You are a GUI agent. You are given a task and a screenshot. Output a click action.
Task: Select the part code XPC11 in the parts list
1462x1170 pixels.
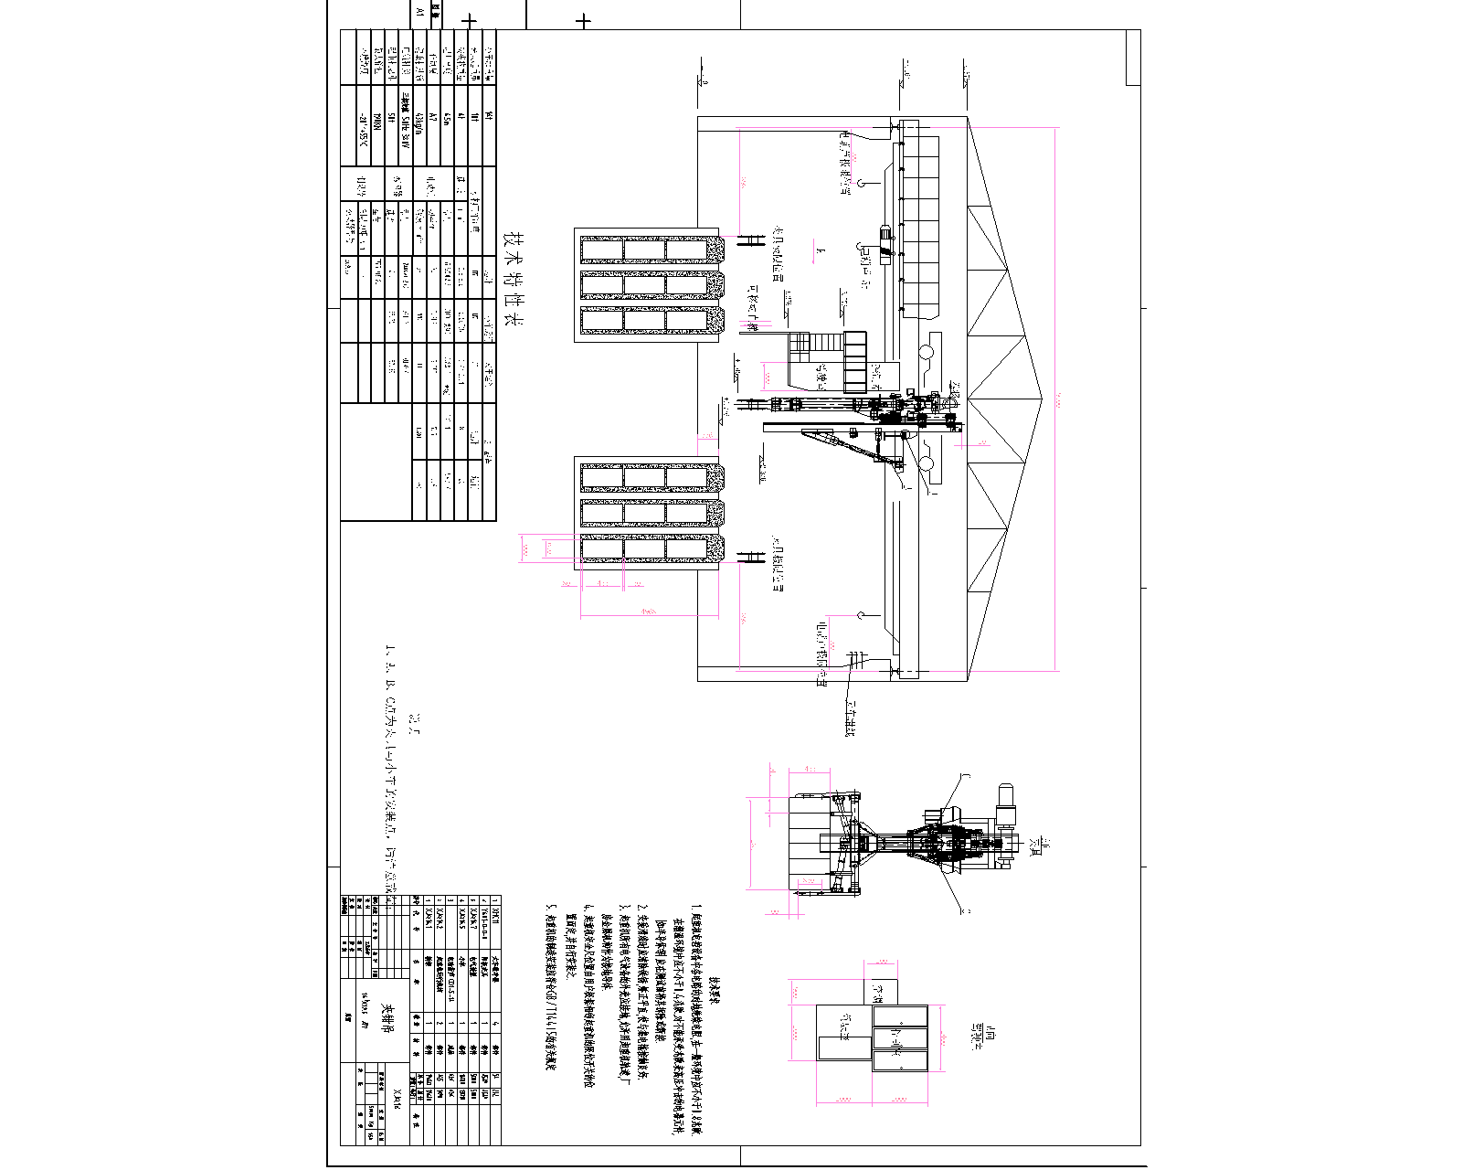pyautogui.click(x=495, y=915)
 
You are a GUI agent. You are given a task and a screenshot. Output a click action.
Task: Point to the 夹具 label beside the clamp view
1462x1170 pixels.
pyautogui.click(x=1033, y=846)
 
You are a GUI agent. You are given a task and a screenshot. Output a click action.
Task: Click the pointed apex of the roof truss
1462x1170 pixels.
pyautogui.click(x=1041, y=399)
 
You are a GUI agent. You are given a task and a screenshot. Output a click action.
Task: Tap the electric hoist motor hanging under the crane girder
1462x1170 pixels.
pyautogui.click(x=885, y=234)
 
